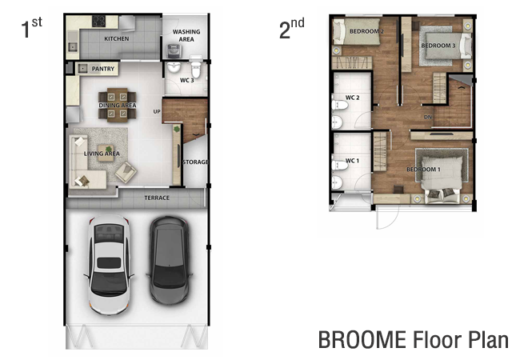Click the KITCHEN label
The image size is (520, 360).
[117, 38]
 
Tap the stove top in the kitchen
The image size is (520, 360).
[98, 22]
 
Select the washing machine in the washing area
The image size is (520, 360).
[174, 51]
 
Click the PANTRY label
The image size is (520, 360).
[103, 69]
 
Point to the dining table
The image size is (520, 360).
[118, 105]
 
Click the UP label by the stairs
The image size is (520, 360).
[157, 112]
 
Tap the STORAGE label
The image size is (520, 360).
[195, 162]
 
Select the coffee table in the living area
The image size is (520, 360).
[106, 153]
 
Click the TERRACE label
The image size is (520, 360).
[157, 198]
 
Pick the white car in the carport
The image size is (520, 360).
[109, 265]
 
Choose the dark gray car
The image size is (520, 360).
[170, 260]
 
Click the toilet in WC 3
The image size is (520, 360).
[196, 69]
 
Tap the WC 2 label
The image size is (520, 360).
[352, 98]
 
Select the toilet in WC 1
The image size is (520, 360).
[339, 165]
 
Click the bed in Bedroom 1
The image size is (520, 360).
[442, 176]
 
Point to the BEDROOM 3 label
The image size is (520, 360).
[438, 46]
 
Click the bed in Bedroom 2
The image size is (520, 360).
[357, 32]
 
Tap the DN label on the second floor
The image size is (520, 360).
[428, 117]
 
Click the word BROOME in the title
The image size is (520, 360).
[362, 339]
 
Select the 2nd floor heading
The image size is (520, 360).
[291, 28]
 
